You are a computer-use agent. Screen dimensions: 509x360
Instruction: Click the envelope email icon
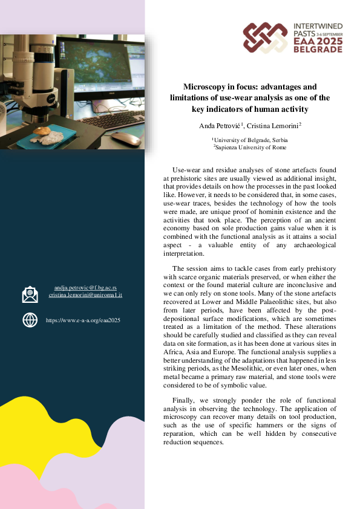pyautogui.click(x=30, y=294)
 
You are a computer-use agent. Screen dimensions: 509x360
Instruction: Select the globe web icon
pyautogui.click(x=30, y=320)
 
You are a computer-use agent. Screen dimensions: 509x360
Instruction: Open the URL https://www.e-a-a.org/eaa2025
pyautogui.click(x=83, y=320)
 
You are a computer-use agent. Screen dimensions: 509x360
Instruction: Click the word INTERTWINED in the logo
pyautogui.click(x=317, y=27)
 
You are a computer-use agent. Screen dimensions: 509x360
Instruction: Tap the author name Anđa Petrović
pyautogui.click(x=223, y=125)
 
